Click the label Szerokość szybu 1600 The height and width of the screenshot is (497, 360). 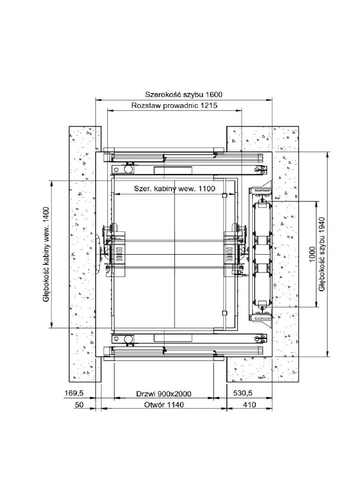click(184, 94)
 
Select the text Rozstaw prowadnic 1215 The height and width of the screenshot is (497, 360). click(175, 105)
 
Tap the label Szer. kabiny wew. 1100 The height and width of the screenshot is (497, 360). click(175, 188)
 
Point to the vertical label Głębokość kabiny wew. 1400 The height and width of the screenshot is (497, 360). click(46, 254)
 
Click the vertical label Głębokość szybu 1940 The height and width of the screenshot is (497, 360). click(322, 254)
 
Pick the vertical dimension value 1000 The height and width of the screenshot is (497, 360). click(313, 254)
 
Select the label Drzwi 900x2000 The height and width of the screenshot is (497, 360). click(164, 394)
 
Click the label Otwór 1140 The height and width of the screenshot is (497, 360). click(164, 405)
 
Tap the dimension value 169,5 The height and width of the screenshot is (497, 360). click(74, 393)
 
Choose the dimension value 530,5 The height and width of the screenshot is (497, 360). click(243, 393)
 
